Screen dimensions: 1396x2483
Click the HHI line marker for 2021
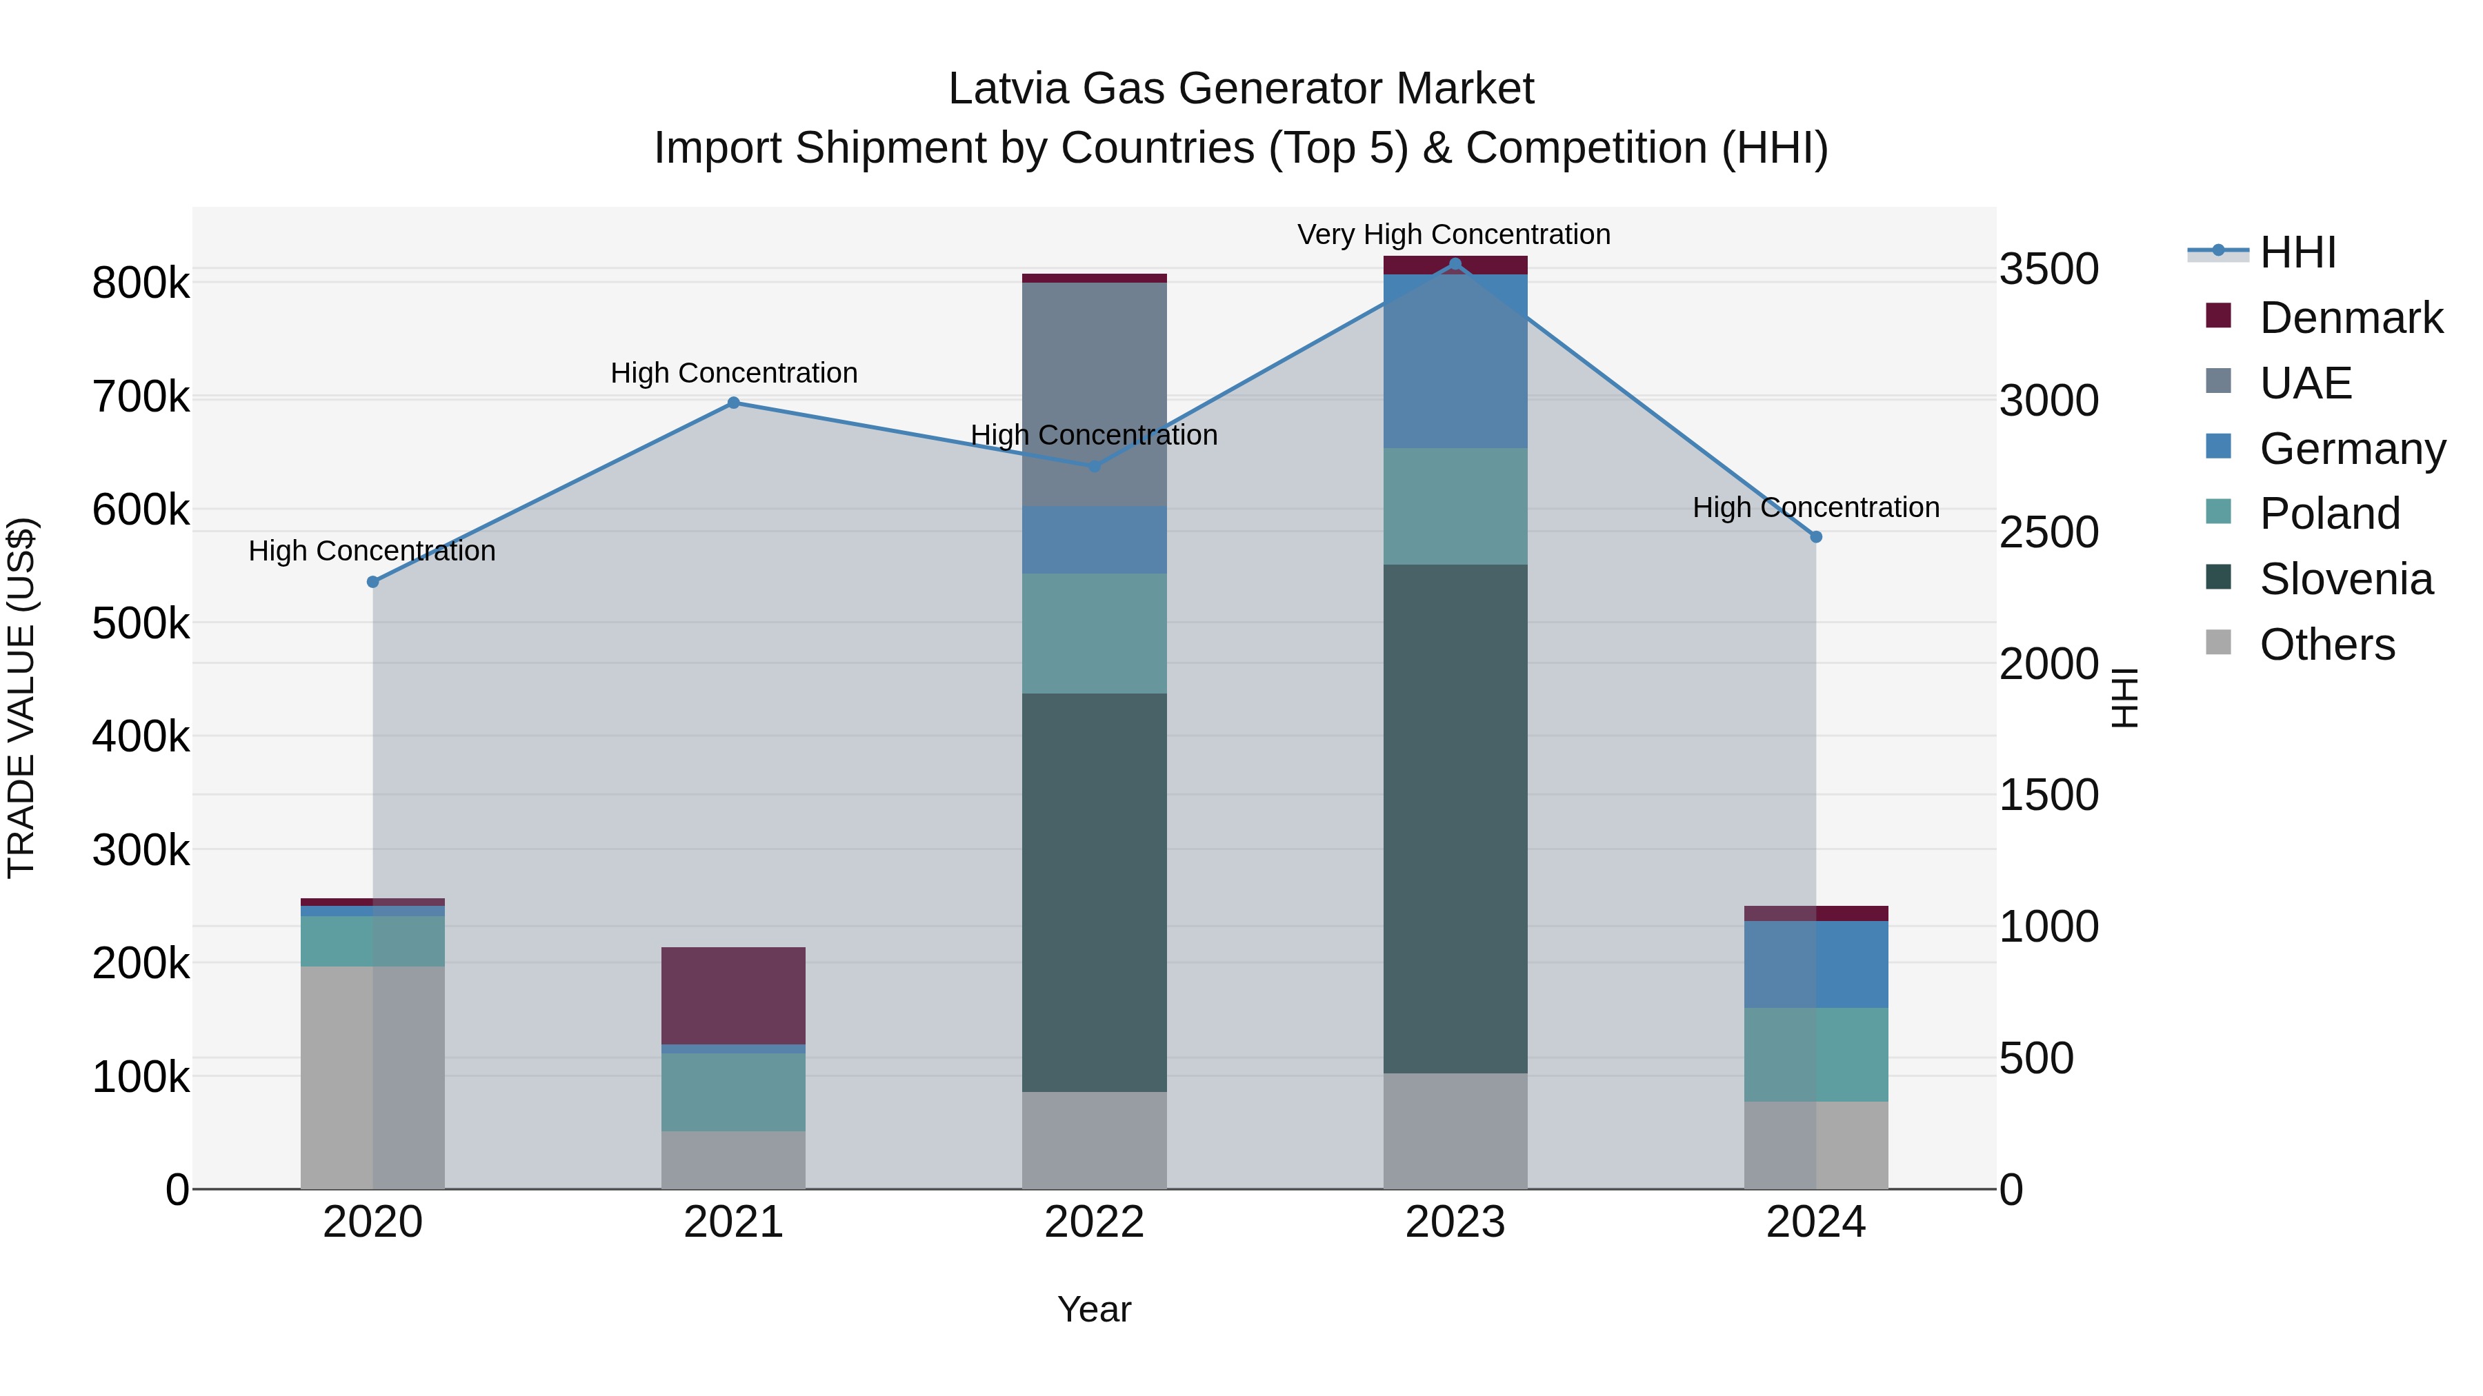click(734, 403)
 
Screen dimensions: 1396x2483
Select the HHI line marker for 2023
click(1455, 264)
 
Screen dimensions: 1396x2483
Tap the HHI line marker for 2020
click(373, 582)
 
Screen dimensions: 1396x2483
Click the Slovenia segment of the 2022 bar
click(1094, 891)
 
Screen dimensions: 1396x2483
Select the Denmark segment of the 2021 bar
click(734, 995)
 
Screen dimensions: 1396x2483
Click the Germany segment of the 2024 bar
click(1816, 964)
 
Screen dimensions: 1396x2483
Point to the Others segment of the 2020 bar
click(373, 1077)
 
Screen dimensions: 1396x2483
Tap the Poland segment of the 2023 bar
click(1455, 506)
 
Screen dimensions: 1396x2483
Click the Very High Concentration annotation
click(1453, 234)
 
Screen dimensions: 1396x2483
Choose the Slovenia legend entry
click(2346, 579)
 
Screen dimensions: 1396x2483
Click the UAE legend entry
click(2306, 383)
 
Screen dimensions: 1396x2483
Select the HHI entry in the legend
click(2298, 252)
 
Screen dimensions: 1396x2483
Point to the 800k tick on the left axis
click(141, 283)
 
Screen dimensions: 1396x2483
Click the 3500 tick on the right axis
click(2049, 269)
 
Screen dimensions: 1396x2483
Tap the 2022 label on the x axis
click(1094, 1222)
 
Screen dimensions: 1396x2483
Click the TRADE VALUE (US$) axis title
click(21, 698)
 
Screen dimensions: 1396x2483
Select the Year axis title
click(1094, 1309)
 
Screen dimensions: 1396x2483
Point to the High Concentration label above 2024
click(1816, 507)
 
